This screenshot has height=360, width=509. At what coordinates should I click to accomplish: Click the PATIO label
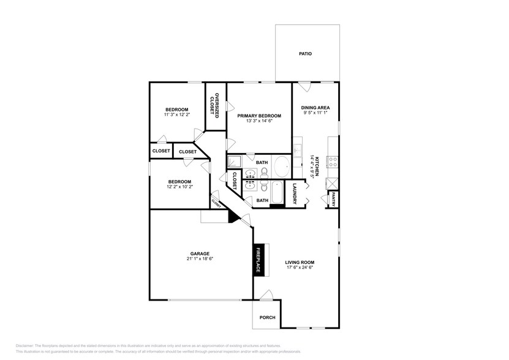click(x=305, y=54)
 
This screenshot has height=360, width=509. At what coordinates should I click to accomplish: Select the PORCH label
click(x=267, y=317)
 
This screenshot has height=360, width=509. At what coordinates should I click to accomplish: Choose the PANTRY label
click(x=333, y=199)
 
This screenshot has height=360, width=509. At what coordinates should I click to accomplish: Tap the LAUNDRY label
click(x=295, y=195)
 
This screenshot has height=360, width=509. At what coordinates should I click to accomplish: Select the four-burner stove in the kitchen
click(x=334, y=162)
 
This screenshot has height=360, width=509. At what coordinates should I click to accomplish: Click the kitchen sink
click(x=297, y=151)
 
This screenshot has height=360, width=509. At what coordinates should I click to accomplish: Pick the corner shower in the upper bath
click(x=235, y=162)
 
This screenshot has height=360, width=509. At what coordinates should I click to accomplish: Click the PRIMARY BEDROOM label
click(x=260, y=116)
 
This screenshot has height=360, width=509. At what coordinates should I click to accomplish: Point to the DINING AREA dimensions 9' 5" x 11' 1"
click(x=315, y=113)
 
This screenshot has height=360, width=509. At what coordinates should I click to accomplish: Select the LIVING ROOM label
click(x=300, y=262)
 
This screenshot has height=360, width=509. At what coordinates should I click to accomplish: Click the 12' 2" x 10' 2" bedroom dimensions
click(x=180, y=187)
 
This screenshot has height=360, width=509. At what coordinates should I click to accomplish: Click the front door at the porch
click(x=266, y=296)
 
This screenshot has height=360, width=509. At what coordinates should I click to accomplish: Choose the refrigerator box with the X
click(x=332, y=183)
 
